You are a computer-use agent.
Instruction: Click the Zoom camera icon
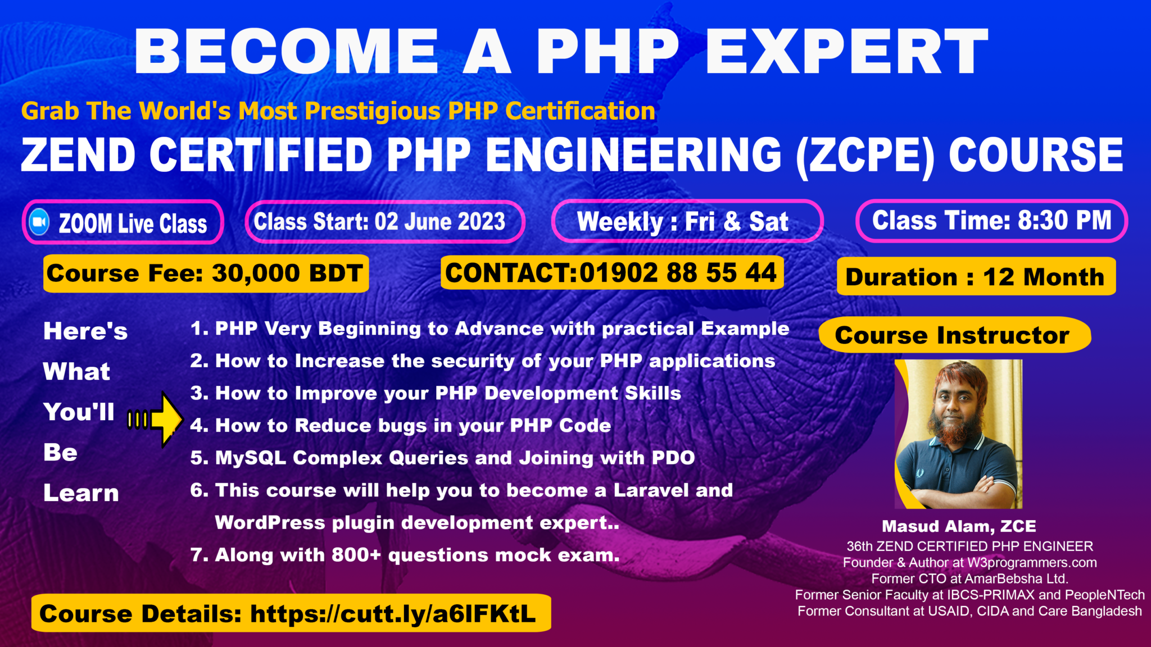39,222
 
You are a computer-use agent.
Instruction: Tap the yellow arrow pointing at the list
164,419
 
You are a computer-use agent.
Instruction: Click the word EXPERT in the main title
846,52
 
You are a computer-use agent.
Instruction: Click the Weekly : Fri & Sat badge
686,221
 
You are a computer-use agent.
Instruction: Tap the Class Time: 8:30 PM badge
991,221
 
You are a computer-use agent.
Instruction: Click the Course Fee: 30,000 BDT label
205,274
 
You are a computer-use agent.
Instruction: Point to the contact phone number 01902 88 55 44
678,273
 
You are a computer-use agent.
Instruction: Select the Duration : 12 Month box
975,277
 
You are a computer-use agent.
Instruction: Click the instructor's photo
959,434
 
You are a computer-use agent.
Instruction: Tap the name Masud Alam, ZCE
959,526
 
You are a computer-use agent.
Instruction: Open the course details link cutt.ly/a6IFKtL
392,614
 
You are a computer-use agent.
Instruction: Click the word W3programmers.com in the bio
1032,563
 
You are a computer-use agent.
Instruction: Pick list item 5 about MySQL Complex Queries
442,458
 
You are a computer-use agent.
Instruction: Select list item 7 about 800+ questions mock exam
405,555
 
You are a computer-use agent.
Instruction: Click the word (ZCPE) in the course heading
865,156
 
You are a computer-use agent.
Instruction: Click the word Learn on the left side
81,493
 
